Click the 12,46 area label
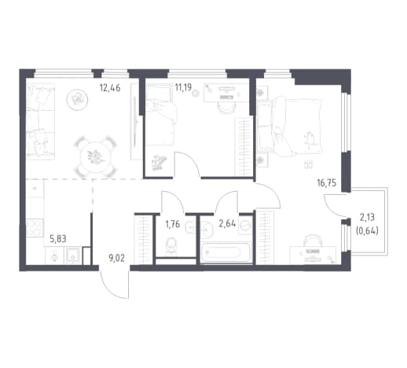click(110, 88)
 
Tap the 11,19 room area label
click(183, 86)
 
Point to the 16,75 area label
click(327, 183)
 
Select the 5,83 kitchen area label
click(58, 239)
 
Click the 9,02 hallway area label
click(116, 258)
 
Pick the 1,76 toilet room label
click(172, 224)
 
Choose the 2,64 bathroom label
click(227, 223)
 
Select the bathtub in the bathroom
click(226, 253)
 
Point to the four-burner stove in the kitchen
click(35, 228)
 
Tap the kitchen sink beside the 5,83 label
click(72, 256)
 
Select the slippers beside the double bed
click(308, 164)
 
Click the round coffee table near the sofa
click(76, 100)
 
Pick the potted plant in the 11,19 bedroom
click(159, 163)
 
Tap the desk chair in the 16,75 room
click(312, 241)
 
